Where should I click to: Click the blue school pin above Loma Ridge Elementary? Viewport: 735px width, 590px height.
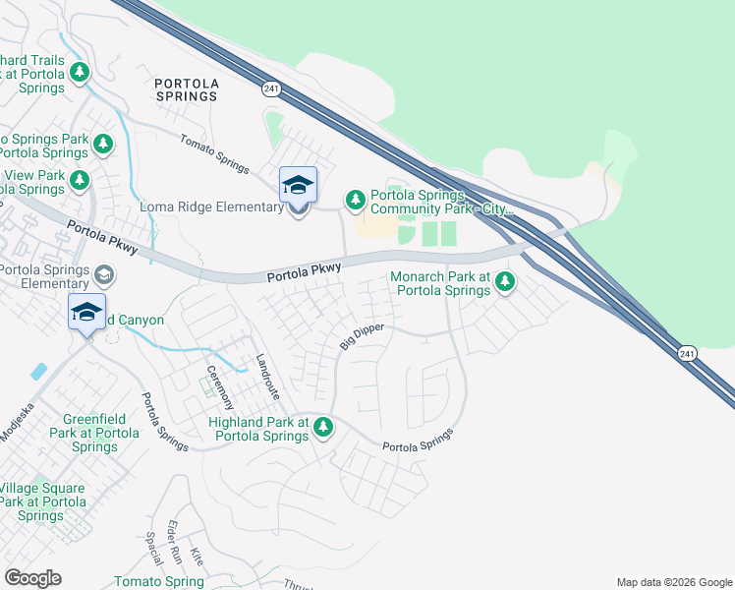[299, 184]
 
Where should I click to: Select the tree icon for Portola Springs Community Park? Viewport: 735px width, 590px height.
[355, 201]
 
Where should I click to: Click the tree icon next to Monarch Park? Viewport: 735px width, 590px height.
[505, 283]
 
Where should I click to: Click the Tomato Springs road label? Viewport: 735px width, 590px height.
[214, 154]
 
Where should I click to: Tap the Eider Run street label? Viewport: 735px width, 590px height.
[175, 541]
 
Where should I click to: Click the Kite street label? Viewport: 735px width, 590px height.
[197, 556]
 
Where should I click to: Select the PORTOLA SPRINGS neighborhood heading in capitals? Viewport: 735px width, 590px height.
[187, 89]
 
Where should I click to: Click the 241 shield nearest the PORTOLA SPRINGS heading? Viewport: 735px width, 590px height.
[270, 89]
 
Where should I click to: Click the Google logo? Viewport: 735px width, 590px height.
[32, 578]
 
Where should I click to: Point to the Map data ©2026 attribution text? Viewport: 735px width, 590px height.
[673, 582]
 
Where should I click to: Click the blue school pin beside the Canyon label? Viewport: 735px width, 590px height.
[86, 313]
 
